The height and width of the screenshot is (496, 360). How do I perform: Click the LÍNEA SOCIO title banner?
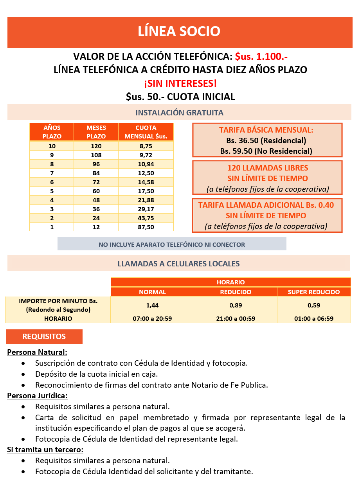point(179,31)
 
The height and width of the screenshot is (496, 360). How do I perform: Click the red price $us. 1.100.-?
point(261,56)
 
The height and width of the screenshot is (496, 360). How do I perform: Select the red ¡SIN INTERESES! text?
point(180,83)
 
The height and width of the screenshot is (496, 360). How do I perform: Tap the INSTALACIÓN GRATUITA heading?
point(179,113)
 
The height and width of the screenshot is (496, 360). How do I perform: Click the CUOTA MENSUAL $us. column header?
point(146,132)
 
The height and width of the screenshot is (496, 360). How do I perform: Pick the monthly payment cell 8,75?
point(146,146)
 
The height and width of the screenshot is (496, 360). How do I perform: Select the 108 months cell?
point(96,155)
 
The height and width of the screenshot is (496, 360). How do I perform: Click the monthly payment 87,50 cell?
point(146,227)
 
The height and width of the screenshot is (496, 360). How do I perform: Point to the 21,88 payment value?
point(146,200)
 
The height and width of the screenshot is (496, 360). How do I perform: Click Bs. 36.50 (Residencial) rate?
point(266,140)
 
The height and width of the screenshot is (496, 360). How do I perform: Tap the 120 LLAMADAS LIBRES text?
point(268,168)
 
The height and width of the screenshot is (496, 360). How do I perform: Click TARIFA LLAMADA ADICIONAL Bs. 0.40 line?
point(266,205)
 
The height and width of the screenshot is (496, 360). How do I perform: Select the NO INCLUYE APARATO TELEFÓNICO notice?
point(172,244)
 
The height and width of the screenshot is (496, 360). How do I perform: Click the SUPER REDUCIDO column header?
point(314,292)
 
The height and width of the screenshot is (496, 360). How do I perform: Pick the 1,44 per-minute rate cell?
point(152,306)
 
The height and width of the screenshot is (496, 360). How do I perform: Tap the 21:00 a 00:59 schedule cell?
point(236,319)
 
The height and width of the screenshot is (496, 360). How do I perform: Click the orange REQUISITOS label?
point(44,337)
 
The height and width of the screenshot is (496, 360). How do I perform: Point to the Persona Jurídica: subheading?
point(37,395)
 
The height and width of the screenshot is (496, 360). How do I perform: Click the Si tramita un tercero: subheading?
point(45,450)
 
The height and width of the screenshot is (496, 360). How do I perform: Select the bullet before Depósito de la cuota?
point(24,374)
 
